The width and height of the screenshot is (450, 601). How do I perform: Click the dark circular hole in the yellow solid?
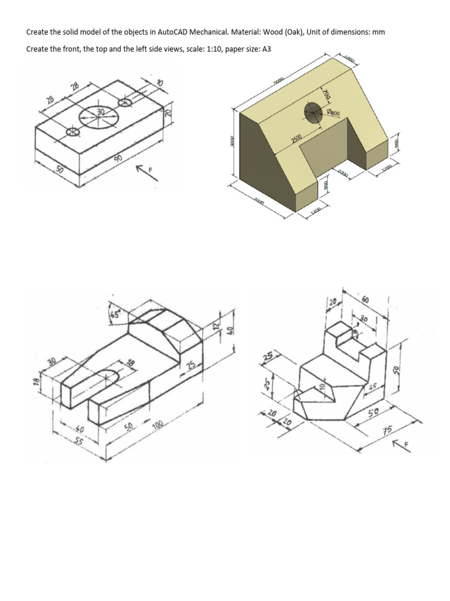[x=313, y=111]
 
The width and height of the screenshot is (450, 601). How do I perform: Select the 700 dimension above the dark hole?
[x=326, y=93]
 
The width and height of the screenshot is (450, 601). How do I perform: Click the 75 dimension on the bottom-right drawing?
[x=387, y=433]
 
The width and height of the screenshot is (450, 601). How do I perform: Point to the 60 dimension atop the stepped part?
[x=366, y=300]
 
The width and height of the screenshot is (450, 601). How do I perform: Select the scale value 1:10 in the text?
[x=205, y=49]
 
